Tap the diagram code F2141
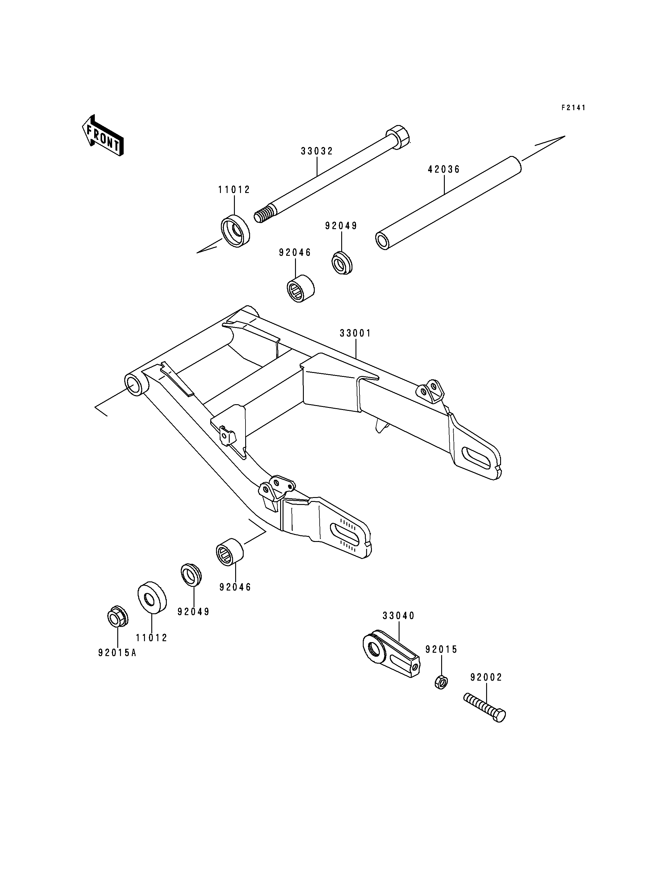click(x=573, y=108)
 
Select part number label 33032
click(x=317, y=151)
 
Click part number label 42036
click(x=444, y=170)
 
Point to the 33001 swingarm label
click(x=355, y=333)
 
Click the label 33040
click(x=398, y=616)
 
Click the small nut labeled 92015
click(x=441, y=682)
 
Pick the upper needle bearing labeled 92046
click(x=300, y=288)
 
